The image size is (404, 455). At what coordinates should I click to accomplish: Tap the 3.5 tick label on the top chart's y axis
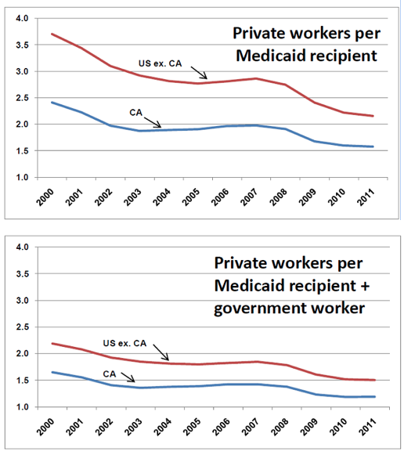(22, 45)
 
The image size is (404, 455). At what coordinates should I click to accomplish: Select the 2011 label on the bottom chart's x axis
(367, 427)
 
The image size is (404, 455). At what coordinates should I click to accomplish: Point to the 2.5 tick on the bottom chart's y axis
(22, 327)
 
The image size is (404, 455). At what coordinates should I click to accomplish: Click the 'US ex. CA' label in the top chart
(160, 63)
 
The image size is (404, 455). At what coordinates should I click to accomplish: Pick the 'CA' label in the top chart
(135, 112)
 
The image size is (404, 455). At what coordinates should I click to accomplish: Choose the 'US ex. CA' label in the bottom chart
(124, 343)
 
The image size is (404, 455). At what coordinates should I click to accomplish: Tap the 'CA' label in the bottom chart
(110, 374)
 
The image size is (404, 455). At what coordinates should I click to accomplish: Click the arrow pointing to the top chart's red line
(199, 73)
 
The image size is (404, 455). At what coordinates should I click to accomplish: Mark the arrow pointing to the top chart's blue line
(153, 122)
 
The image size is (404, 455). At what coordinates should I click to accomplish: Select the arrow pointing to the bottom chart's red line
(161, 352)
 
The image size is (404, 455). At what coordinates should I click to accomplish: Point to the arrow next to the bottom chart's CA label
(128, 377)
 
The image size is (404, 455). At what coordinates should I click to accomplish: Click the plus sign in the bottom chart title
(365, 286)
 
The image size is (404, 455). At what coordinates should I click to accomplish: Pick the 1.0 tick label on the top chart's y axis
(22, 177)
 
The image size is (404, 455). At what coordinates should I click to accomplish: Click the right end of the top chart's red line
(373, 116)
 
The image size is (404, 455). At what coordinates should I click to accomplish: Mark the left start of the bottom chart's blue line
(52, 372)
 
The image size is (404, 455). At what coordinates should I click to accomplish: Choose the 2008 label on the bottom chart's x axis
(280, 427)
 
